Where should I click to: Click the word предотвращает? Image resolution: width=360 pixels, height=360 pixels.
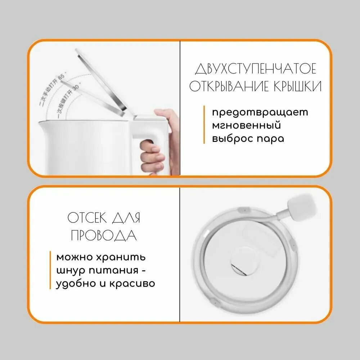260,112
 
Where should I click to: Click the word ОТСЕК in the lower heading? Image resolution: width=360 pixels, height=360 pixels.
87,218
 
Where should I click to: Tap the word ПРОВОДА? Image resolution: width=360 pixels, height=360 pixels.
104,236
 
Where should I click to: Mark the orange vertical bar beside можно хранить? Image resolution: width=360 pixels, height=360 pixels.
50,270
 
